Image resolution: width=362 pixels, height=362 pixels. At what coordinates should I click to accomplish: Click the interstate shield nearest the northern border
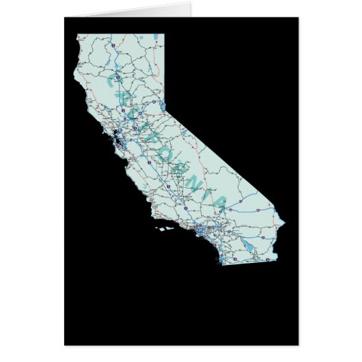tap(111, 45)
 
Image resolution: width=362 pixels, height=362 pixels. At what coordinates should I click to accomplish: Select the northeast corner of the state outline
tap(164, 34)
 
